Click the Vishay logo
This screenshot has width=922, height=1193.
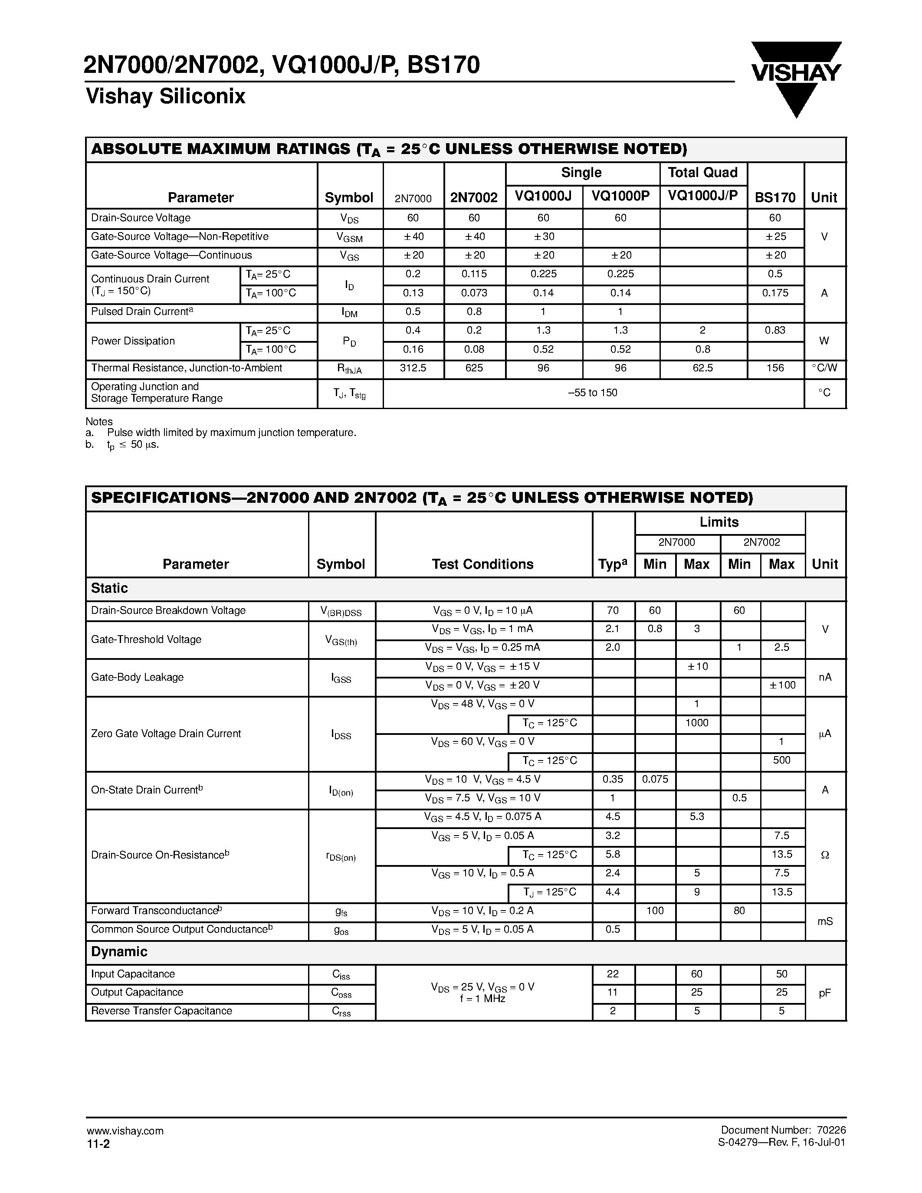(796, 76)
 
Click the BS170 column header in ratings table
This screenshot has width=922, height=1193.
(774, 197)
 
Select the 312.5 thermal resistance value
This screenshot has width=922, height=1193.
(413, 368)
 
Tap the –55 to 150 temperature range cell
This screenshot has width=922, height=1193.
(593, 393)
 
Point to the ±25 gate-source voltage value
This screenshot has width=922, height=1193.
(775, 236)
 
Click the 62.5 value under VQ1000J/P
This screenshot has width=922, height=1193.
(702, 368)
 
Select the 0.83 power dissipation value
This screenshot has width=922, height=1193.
(775, 331)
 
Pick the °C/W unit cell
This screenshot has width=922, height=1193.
(824, 368)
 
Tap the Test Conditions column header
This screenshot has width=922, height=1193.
(482, 564)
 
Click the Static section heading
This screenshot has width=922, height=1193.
(109, 588)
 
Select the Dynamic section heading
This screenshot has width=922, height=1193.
(119, 951)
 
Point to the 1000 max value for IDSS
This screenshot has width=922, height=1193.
(697, 723)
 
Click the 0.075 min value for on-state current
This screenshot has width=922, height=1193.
(655, 780)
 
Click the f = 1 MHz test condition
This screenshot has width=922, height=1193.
(482, 999)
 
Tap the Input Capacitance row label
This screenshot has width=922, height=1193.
(133, 974)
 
